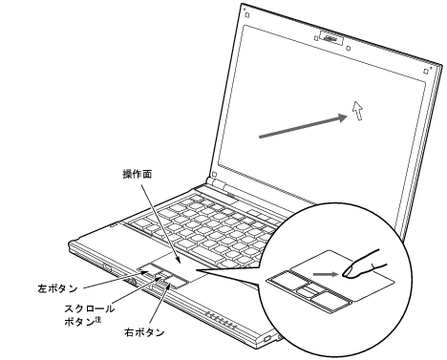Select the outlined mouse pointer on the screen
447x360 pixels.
(357, 112)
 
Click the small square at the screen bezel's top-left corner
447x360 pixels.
(245, 15)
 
